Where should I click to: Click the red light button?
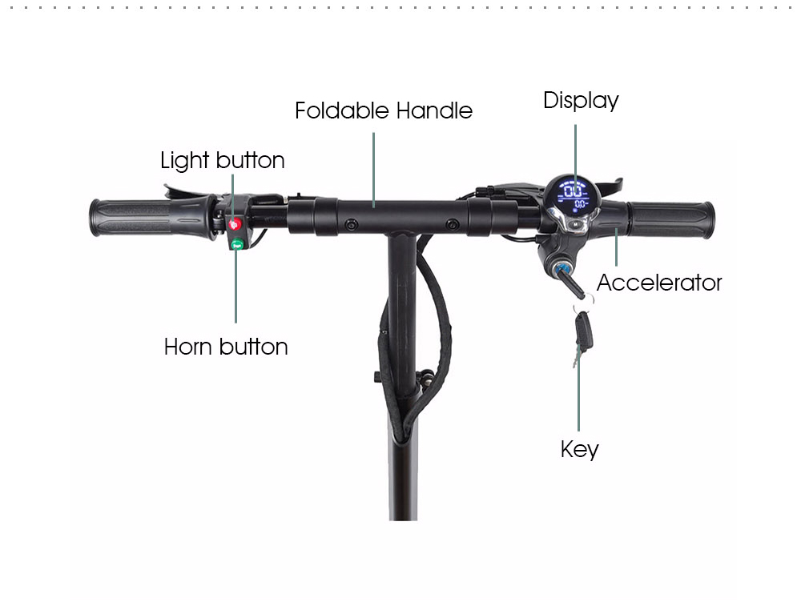click(235, 223)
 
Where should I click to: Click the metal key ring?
click(585, 301)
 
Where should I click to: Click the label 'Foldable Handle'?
click(384, 110)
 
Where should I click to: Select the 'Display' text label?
click(581, 101)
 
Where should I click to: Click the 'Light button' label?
click(223, 160)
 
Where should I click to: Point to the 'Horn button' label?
click(226, 347)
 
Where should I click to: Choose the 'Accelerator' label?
click(659, 283)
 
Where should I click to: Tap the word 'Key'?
click(579, 449)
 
